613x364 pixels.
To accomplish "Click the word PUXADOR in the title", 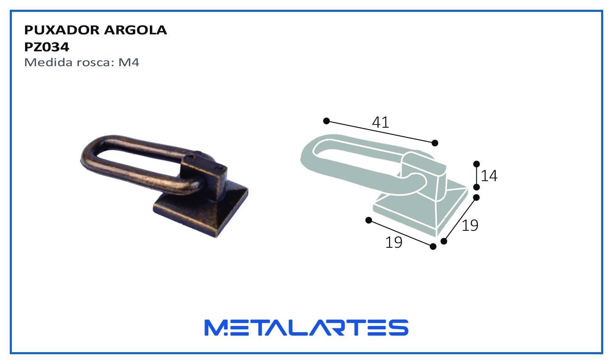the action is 62,30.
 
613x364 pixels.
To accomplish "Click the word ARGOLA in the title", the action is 135,30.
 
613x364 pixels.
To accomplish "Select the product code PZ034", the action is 47,47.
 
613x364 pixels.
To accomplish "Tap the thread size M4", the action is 129,62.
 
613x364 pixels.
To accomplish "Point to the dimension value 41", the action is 380,122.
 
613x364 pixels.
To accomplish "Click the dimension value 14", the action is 489,176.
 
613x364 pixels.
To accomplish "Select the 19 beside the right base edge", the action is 470,225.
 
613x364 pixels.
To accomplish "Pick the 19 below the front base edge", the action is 394,242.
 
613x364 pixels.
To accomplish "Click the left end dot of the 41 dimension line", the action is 326,121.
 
